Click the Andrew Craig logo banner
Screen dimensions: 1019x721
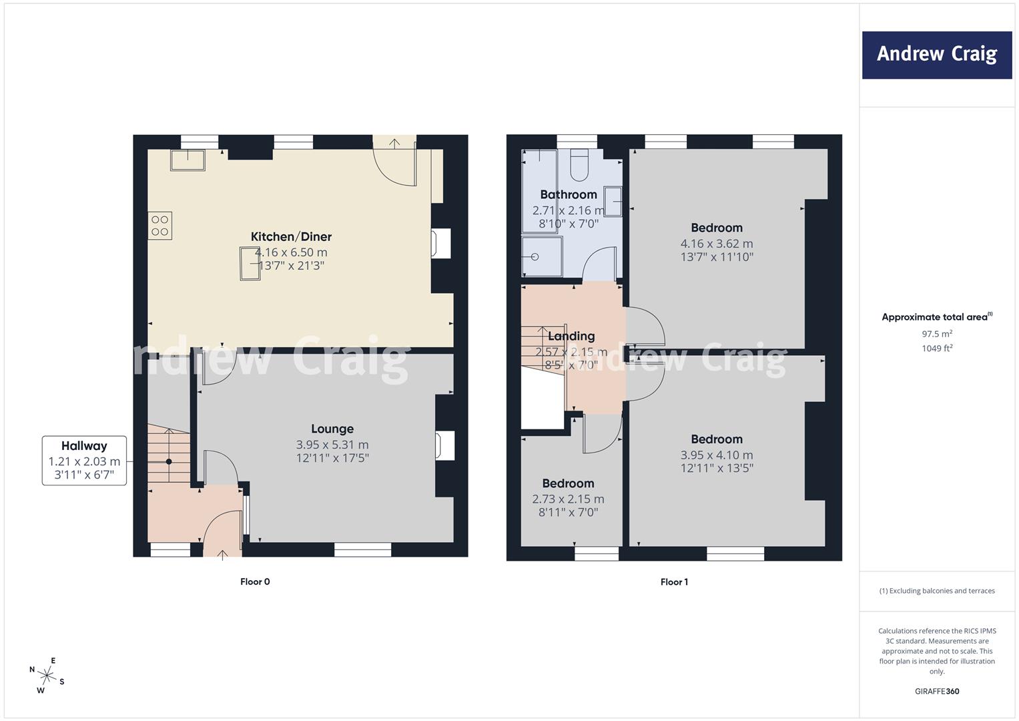[x=937, y=55]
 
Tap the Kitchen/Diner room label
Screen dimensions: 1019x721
[x=291, y=237]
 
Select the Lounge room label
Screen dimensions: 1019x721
[x=332, y=429]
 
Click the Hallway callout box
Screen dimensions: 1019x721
[x=84, y=460]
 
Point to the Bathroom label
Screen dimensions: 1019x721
[x=568, y=194]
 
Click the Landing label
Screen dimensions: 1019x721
[x=571, y=336]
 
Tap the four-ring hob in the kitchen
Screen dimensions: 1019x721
[x=159, y=226]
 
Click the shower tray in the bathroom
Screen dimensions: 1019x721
[x=541, y=256]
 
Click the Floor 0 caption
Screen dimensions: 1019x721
[x=255, y=581]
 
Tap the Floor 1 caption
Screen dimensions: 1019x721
[x=674, y=581]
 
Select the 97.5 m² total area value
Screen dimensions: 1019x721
[x=937, y=334]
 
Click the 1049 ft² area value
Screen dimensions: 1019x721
[x=937, y=348]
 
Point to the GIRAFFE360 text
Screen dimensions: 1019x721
[x=937, y=691]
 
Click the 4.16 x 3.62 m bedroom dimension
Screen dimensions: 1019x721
[x=717, y=244]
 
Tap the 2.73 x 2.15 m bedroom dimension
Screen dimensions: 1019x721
[x=568, y=499]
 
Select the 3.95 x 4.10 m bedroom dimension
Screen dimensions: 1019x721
[x=717, y=455]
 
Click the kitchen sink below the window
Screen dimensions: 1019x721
[x=188, y=160]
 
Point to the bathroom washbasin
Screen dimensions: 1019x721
[x=613, y=201]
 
